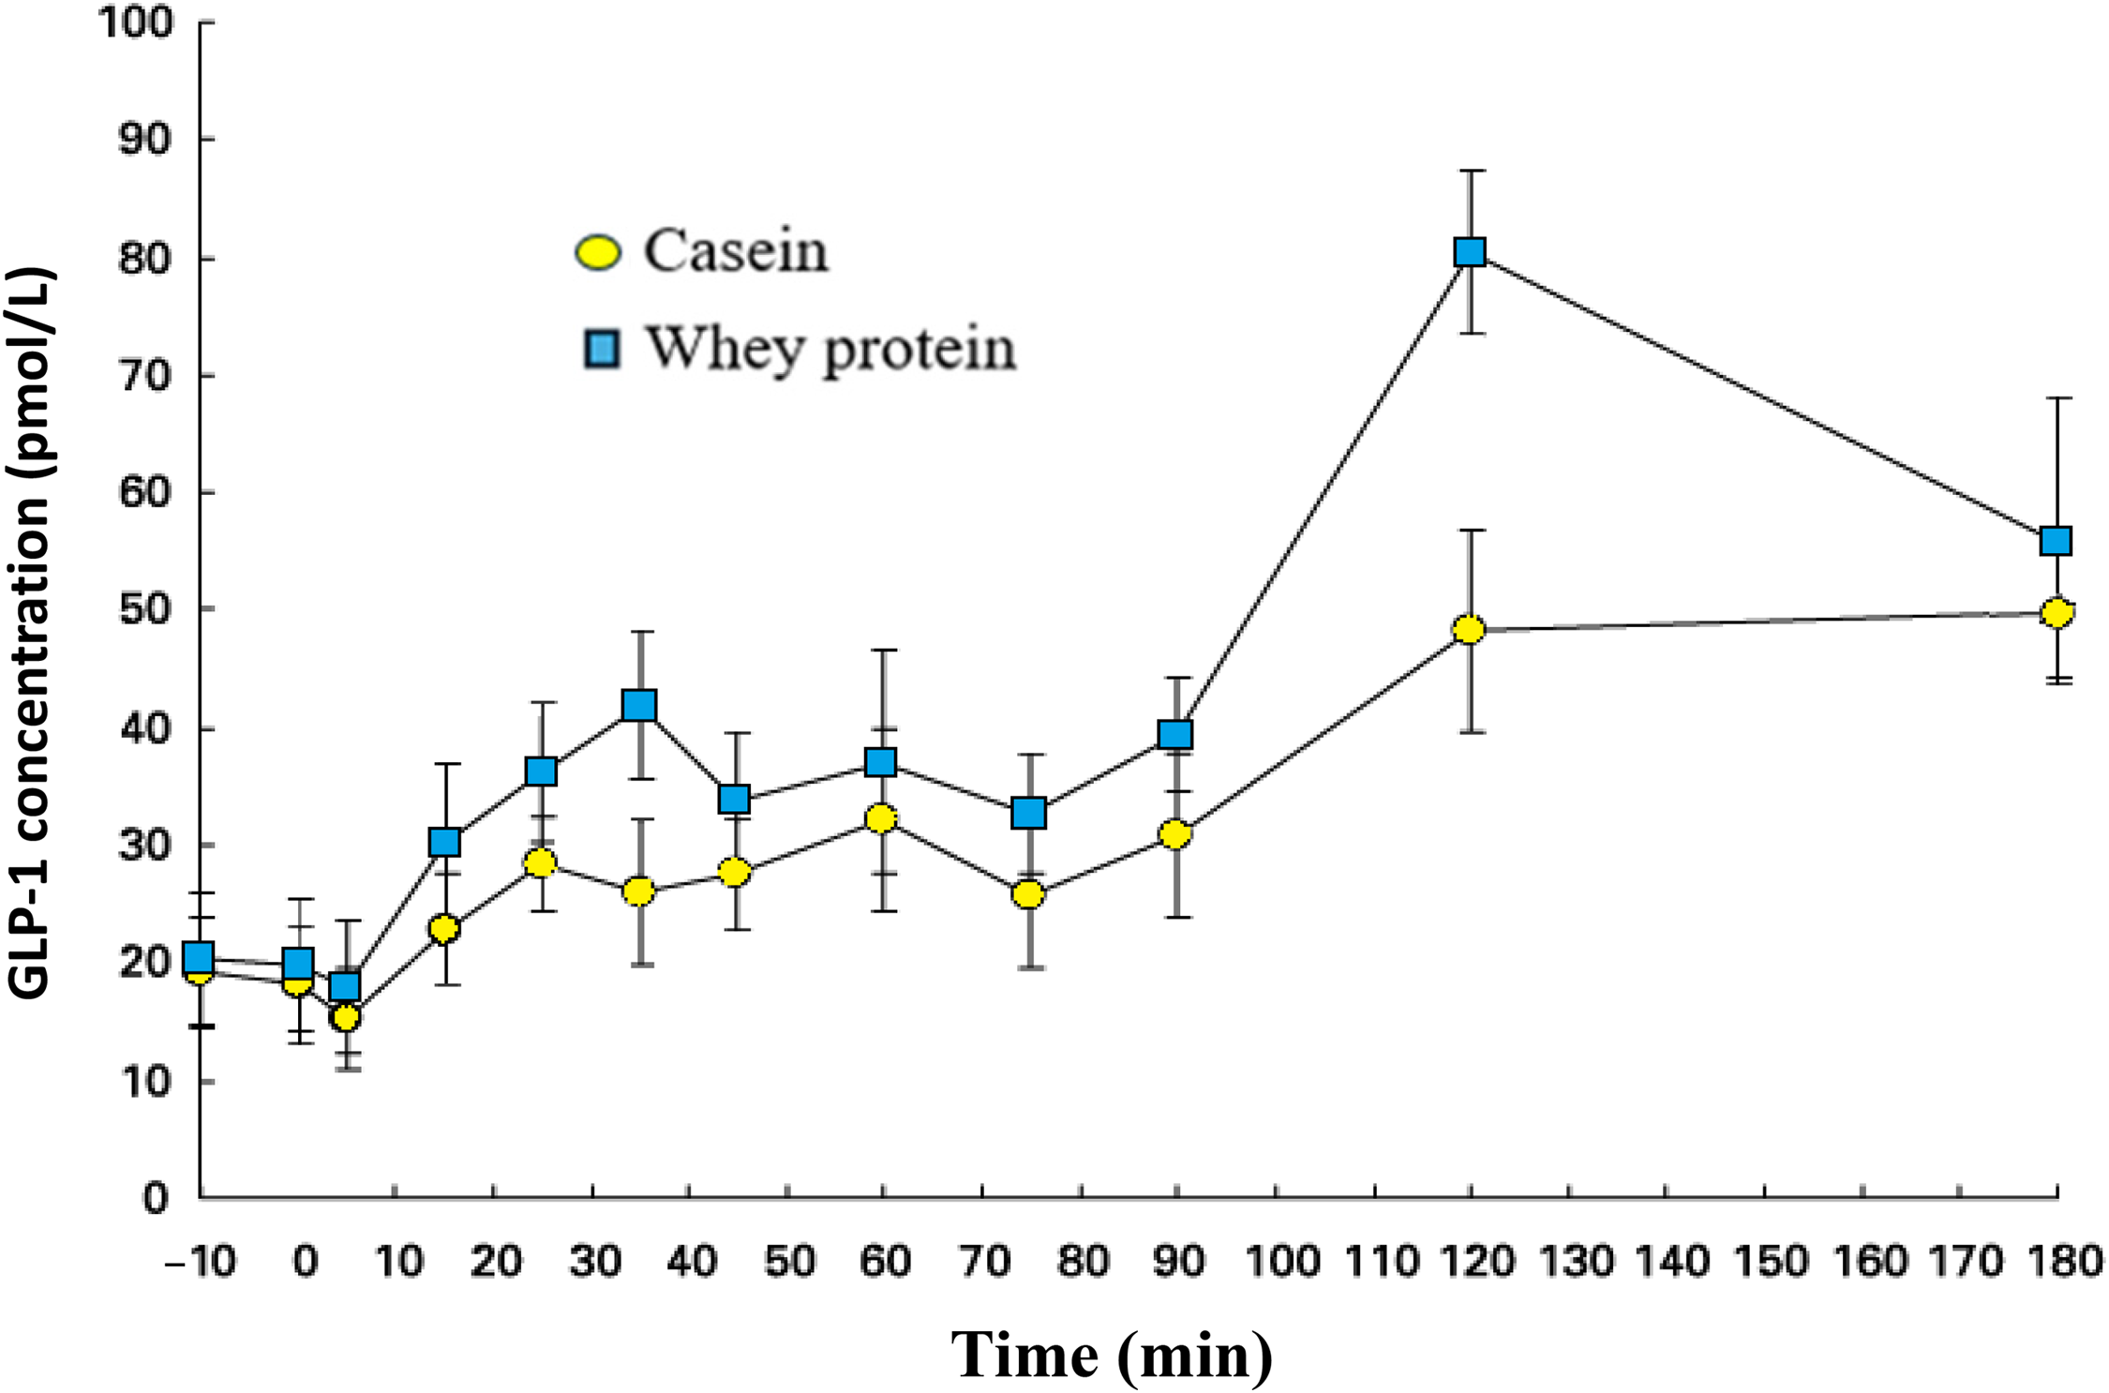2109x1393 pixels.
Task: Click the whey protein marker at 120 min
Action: pos(1470,252)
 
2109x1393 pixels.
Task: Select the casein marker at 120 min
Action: pos(1469,630)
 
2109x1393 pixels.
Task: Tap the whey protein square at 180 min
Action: pos(2056,541)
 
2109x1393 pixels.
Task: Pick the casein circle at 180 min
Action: pos(2057,613)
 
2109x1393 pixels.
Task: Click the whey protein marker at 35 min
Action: pos(639,705)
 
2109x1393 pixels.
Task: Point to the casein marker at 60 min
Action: pos(881,818)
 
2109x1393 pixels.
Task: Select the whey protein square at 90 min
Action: pos(1175,734)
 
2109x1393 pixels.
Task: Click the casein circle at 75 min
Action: pos(1028,895)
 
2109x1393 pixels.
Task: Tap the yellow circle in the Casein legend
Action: pos(597,252)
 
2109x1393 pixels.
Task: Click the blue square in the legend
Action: pos(601,349)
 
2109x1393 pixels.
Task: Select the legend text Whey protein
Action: pos(830,350)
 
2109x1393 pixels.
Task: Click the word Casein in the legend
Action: pos(736,251)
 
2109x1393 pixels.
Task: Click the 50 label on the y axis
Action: pos(146,609)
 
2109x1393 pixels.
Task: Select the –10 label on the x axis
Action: pos(200,1262)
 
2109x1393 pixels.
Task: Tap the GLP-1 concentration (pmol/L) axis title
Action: pos(30,634)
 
